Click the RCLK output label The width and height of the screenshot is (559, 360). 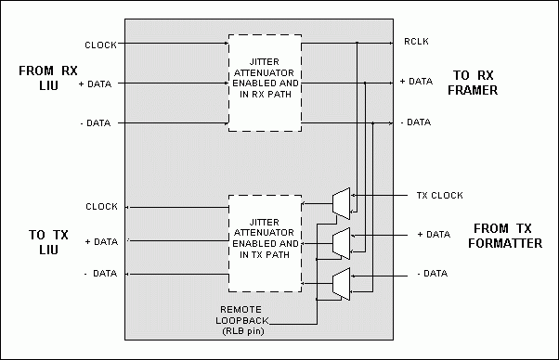416,42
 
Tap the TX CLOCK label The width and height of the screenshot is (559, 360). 439,195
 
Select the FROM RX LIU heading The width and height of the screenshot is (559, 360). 48,78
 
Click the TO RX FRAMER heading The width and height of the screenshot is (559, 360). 473,83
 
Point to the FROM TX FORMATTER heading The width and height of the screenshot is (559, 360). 505,236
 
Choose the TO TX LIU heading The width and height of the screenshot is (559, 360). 48,242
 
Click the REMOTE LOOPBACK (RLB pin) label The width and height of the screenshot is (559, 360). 242,320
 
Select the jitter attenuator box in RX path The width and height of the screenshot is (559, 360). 265,83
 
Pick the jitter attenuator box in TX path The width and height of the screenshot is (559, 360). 265,244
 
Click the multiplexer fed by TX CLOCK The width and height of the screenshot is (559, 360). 341,204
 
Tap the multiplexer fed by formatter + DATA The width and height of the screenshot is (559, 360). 341,244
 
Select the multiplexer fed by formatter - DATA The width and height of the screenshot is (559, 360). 341,284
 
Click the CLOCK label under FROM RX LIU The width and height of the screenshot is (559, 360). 100,45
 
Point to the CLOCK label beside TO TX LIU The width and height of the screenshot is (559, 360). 101,207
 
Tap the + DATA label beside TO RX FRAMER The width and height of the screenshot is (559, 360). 416,82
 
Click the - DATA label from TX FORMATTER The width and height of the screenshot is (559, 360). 432,273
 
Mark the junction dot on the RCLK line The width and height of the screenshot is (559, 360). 357,43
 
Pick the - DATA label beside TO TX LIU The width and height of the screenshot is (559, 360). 100,273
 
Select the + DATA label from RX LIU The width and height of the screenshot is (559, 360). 95,84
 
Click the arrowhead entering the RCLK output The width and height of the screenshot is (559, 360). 391,43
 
